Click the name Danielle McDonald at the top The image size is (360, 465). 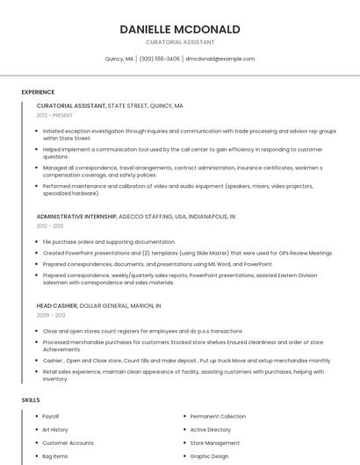coord(180,29)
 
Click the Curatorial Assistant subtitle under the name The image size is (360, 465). coord(180,42)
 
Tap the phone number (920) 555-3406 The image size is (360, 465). coord(159,59)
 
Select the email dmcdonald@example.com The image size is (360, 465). coord(220,59)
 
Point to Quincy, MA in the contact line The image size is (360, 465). coord(119,59)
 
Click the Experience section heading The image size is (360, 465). coord(38,92)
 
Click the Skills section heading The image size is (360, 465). coord(31,400)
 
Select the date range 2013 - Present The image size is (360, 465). coord(54,115)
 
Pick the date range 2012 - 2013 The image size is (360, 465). coord(50,225)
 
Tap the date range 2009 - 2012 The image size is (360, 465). coord(51,315)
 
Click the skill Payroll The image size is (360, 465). coord(50,416)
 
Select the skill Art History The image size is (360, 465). coord(54,430)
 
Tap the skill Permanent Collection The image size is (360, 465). coord(218,416)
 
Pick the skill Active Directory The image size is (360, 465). coord(211,430)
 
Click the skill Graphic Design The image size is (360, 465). coord(209,456)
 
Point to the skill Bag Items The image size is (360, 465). coord(54,456)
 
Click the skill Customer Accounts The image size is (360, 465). coord(68,443)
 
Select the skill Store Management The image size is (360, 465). coord(215,443)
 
